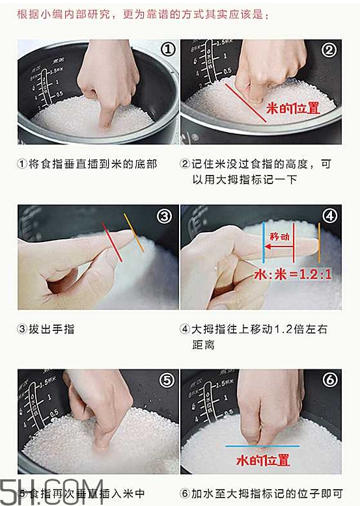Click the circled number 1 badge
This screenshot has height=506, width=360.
click(x=167, y=50)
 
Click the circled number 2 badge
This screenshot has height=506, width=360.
click(x=329, y=50)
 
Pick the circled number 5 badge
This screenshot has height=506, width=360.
click(x=165, y=380)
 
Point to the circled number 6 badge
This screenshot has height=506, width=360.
click(x=329, y=380)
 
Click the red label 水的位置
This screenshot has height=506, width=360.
click(x=262, y=461)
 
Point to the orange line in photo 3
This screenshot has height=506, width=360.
click(x=134, y=233)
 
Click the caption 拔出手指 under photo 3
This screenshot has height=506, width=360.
click(x=46, y=329)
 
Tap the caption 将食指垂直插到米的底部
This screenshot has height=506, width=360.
click(x=87, y=164)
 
